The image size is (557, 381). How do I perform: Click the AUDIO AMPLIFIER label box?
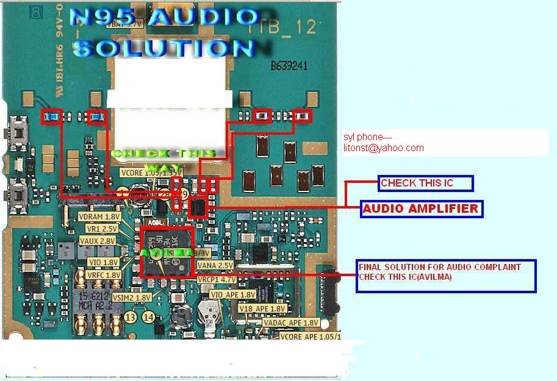click(x=420, y=209)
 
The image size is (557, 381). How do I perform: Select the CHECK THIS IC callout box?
click(x=425, y=183)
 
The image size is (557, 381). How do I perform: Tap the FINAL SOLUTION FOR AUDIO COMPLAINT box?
click(x=446, y=276)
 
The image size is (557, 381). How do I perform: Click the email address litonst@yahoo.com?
click(x=383, y=148)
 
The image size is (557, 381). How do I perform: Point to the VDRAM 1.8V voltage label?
click(x=99, y=217)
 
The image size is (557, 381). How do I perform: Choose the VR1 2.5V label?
click(x=102, y=229)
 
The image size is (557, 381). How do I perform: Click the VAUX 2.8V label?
click(x=98, y=241)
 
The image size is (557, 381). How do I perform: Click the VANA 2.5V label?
click(x=215, y=266)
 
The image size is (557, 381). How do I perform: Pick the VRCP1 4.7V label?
click(x=215, y=279)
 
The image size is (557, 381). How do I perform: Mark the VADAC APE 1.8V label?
click(x=290, y=322)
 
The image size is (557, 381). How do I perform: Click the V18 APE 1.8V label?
click(x=262, y=309)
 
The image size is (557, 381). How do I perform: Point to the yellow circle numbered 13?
click(x=130, y=317)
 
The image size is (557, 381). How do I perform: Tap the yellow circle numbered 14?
click(x=148, y=317)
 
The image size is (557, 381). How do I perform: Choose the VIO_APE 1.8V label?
click(x=232, y=294)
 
